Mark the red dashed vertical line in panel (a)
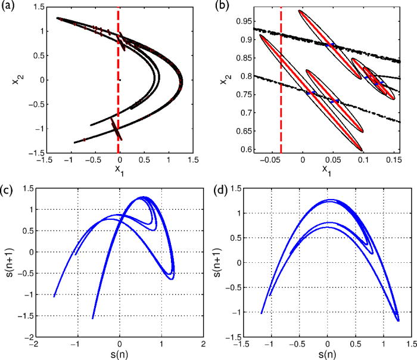118,89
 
